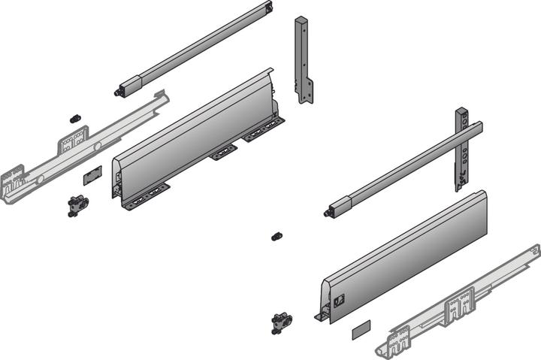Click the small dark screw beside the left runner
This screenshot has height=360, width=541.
click(75, 119)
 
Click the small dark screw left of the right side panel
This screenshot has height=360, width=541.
click(276, 236)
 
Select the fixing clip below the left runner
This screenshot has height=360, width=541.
click(77, 205)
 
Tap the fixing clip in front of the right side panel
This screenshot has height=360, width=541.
click(281, 322)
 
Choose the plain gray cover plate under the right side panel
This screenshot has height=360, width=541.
click(361, 327)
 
